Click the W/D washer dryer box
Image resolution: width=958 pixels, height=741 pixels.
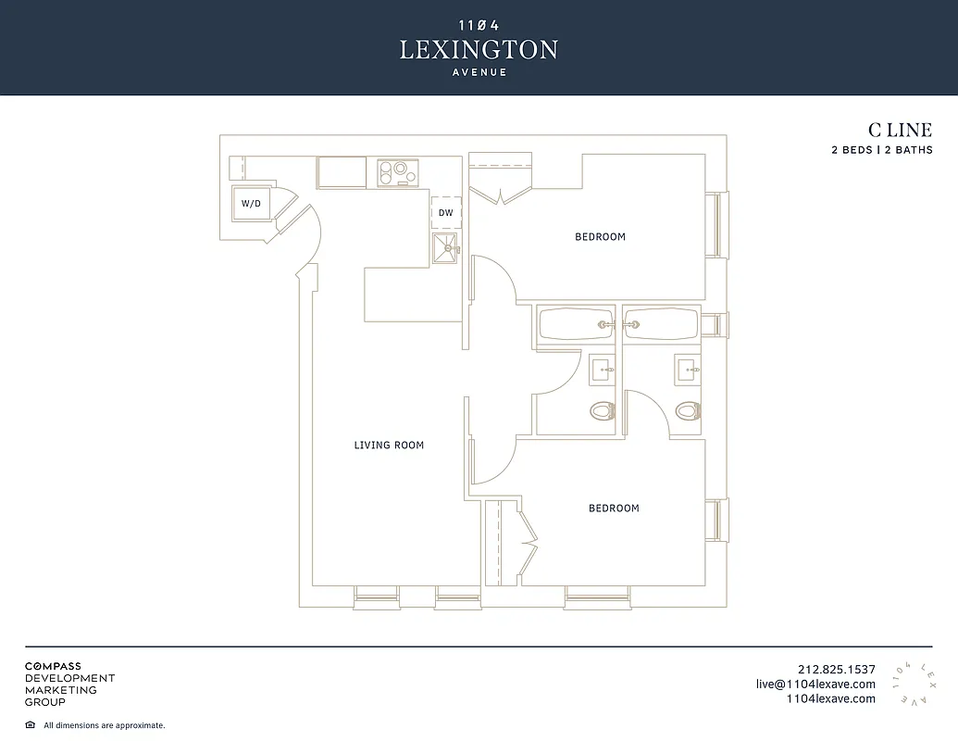pos(251,203)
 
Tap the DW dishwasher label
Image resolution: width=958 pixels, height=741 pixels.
pos(445,213)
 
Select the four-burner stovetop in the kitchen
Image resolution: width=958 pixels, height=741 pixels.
pos(398,172)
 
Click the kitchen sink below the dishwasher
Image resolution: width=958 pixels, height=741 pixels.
pos(446,248)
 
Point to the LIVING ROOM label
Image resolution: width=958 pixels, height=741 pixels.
pos(389,446)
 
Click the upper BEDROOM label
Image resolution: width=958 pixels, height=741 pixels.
pos(600,237)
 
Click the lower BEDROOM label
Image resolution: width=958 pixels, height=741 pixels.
pos(614,509)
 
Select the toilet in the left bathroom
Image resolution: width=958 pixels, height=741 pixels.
pos(603,409)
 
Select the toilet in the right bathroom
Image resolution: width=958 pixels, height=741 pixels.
pos(687,409)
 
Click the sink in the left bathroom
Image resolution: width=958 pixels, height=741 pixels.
pos(603,370)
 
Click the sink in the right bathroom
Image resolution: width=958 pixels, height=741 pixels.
pos(687,370)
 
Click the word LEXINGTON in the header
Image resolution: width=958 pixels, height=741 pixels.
pos(479,50)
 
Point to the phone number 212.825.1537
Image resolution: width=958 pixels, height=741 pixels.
pos(836,670)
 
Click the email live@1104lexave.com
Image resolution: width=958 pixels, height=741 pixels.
pos(815,684)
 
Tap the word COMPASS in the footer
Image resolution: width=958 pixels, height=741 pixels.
pos(53,666)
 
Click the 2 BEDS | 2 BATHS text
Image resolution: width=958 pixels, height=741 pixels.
pos(881,150)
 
